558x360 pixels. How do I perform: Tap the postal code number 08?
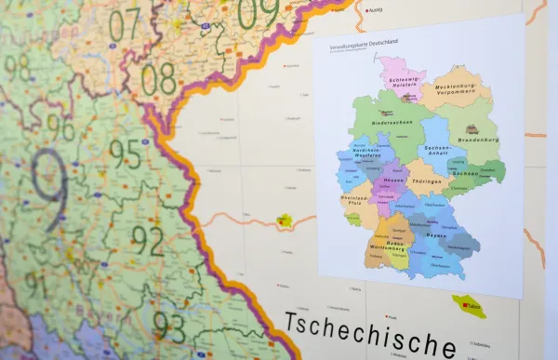click(x=158, y=79)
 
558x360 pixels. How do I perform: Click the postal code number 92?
click(x=147, y=240)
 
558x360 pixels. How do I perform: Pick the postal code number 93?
click(x=168, y=325)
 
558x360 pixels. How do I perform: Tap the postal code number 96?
click(x=60, y=127)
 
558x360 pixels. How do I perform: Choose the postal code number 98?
click(x=17, y=67)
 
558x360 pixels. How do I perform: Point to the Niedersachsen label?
click(x=393, y=122)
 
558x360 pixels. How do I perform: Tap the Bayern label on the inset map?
click(x=438, y=236)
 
